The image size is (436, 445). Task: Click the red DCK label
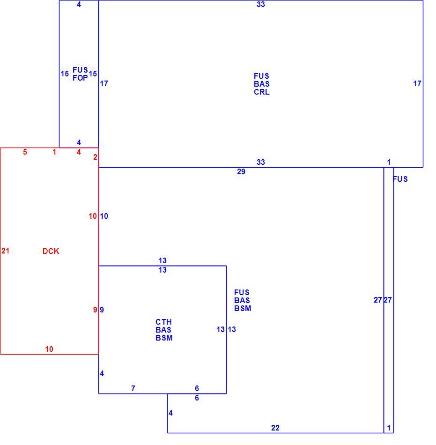point(51,251)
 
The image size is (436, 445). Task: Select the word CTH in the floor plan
point(163,322)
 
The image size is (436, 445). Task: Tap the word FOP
point(80,78)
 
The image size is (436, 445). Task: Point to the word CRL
point(261,92)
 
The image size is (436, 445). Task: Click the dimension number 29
point(241,171)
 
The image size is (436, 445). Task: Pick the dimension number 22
point(275,428)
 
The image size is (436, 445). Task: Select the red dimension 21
point(6,251)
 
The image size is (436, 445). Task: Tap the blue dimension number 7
point(133,388)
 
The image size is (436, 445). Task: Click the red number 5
point(25,152)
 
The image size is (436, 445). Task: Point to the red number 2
point(95,157)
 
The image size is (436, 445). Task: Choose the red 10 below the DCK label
point(49,349)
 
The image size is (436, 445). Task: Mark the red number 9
point(95,310)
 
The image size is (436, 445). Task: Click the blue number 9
point(102,310)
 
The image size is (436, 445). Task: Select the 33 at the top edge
point(261,4)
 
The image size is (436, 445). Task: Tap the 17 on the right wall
point(417,83)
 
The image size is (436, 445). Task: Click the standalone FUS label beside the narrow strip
point(400,179)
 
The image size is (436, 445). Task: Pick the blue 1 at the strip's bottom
point(389,428)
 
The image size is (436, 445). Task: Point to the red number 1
point(54,152)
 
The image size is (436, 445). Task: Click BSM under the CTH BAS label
point(164,338)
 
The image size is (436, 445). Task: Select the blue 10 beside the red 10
point(104,216)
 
